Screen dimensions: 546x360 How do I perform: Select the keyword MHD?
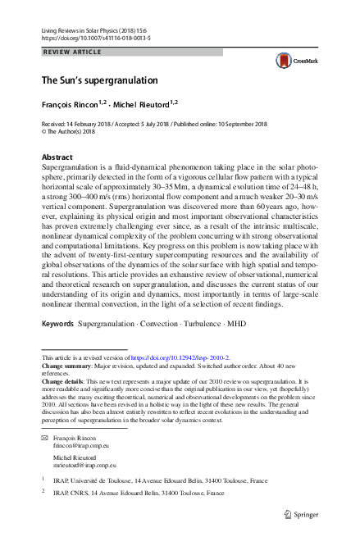(235, 324)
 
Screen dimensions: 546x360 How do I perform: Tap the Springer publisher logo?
(302, 514)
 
